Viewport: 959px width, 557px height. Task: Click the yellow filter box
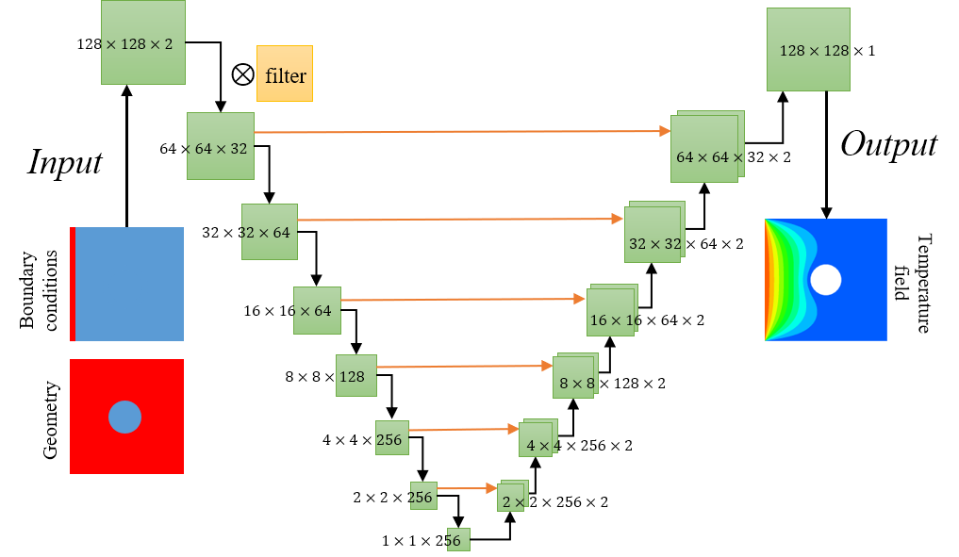coord(285,74)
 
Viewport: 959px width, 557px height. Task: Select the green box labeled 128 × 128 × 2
coord(143,43)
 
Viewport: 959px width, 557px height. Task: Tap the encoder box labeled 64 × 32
coord(221,146)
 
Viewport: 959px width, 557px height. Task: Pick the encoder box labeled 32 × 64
coord(270,232)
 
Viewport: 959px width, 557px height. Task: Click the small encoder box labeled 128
coord(356,376)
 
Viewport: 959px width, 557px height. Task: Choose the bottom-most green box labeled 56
coord(458,540)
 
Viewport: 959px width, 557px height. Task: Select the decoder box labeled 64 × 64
coord(704,150)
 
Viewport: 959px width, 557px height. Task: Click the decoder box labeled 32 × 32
coord(653,236)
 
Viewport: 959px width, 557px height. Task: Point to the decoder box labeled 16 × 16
coord(610,313)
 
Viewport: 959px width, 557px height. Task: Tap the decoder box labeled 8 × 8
coord(573,378)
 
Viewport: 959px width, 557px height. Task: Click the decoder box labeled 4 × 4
coord(536,440)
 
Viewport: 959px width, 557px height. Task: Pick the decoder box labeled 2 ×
coord(510,499)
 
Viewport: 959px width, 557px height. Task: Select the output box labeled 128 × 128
coord(808,50)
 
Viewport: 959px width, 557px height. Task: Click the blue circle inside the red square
coord(124,417)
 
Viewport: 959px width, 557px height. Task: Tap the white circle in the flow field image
coord(826,280)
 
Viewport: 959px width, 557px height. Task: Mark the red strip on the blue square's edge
coord(73,284)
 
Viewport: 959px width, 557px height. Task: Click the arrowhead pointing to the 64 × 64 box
coord(665,131)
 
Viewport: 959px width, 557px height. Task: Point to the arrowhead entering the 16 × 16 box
coord(580,299)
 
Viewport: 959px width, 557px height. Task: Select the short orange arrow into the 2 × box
coord(468,488)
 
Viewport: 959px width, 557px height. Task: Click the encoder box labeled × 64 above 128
coord(317,311)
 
